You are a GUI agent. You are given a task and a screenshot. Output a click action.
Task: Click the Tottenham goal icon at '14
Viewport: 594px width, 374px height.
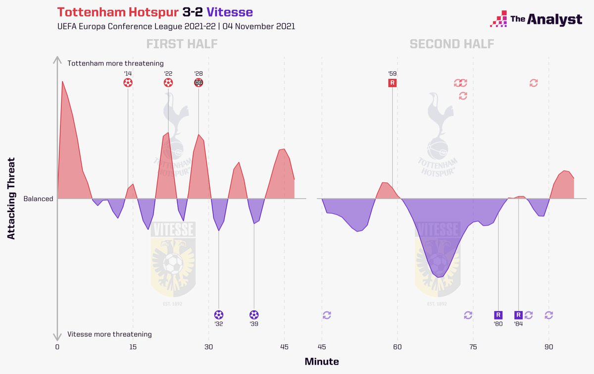click(128, 83)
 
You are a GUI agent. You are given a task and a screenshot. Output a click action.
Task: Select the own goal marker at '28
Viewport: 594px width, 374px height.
click(198, 83)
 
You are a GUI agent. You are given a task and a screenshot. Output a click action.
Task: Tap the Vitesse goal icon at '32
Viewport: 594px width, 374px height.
click(219, 315)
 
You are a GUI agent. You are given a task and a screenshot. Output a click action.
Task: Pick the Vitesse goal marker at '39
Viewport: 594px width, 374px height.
click(254, 315)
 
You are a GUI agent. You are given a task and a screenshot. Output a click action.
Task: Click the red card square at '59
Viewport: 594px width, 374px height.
click(393, 83)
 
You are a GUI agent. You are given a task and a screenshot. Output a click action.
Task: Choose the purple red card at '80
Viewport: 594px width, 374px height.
click(498, 315)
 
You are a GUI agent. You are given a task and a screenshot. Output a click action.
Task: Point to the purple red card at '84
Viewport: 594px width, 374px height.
click(518, 315)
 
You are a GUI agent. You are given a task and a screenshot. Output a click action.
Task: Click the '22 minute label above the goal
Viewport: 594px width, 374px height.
click(168, 73)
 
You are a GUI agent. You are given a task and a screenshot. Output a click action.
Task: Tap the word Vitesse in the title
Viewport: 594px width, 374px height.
click(230, 12)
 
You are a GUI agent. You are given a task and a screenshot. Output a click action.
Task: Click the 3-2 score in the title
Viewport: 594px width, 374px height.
click(193, 12)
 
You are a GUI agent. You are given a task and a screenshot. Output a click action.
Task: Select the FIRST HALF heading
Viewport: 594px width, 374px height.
click(182, 44)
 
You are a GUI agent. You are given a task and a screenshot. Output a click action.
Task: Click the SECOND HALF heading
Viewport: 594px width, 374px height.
click(452, 44)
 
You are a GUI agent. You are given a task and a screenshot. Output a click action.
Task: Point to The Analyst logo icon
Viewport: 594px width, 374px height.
click(498, 19)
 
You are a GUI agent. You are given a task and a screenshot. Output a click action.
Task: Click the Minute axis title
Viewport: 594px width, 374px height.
click(322, 362)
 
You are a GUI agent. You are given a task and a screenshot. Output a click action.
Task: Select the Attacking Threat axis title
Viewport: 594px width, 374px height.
click(11, 199)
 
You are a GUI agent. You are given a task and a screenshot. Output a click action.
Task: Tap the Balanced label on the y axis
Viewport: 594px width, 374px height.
click(38, 199)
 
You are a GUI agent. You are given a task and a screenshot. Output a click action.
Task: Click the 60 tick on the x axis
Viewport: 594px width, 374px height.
click(397, 347)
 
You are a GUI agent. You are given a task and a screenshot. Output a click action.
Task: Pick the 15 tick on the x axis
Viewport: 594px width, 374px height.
click(133, 347)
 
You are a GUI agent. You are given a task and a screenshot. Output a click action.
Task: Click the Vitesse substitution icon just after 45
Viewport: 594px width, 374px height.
click(327, 315)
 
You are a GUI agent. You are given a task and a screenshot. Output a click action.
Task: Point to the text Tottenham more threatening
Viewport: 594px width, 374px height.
click(115, 63)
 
